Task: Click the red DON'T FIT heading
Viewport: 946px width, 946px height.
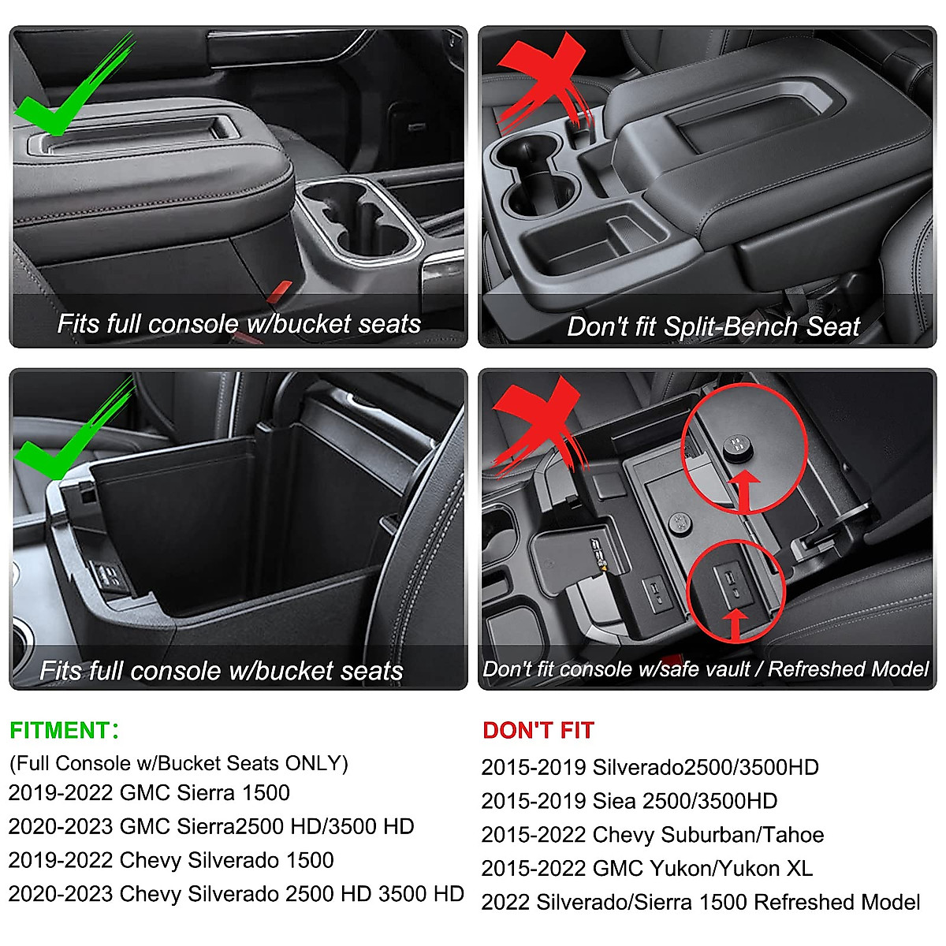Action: tap(538, 731)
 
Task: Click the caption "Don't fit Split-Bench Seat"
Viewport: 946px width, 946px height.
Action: tap(713, 326)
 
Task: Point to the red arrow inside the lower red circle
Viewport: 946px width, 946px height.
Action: tap(736, 623)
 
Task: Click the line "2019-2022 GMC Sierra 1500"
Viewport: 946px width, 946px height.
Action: tap(149, 792)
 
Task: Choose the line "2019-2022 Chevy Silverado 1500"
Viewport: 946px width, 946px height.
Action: tap(171, 860)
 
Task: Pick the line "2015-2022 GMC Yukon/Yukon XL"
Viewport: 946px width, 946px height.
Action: tap(646, 868)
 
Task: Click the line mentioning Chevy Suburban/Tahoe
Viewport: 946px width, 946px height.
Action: tap(653, 834)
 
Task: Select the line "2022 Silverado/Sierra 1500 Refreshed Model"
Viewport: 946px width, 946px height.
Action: tap(701, 902)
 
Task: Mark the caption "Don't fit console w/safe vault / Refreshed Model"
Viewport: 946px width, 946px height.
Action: tap(706, 669)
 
